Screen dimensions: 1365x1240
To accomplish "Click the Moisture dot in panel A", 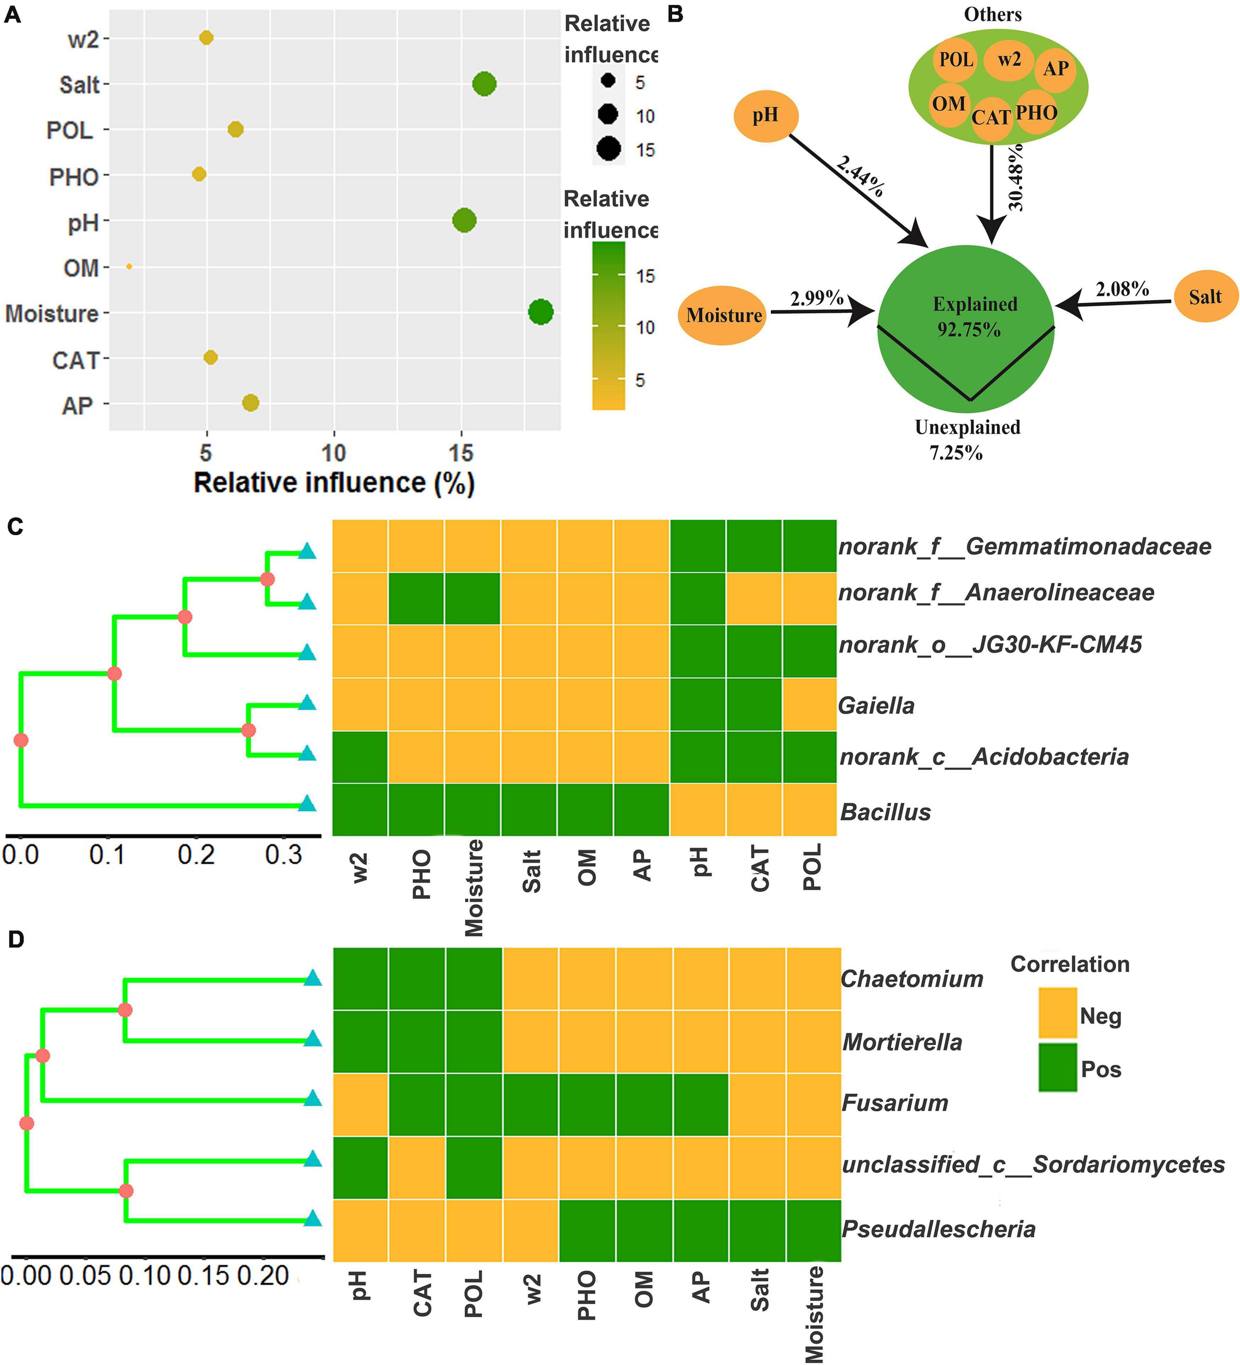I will [x=541, y=312].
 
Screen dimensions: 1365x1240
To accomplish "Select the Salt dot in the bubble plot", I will [x=484, y=85].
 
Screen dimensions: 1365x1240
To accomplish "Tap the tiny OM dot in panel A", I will [x=129, y=267].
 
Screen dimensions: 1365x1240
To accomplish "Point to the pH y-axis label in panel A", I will [x=84, y=222].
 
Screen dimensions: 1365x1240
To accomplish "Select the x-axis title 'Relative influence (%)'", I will [x=334, y=483].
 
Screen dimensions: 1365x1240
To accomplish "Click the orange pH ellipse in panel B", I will [x=766, y=116].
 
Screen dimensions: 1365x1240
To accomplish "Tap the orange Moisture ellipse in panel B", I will [x=722, y=315].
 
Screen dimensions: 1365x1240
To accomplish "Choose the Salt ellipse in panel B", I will [x=1205, y=296].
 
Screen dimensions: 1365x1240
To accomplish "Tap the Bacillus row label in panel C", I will [x=885, y=812].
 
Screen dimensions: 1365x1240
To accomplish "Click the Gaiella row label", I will [x=876, y=705].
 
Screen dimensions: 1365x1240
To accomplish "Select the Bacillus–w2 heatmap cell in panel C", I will [x=360, y=809].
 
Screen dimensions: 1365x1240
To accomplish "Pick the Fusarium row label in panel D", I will [x=894, y=1103].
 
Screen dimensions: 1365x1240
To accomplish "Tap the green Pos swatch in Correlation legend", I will [x=1057, y=1068].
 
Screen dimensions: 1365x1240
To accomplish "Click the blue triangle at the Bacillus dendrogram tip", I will [x=307, y=804].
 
